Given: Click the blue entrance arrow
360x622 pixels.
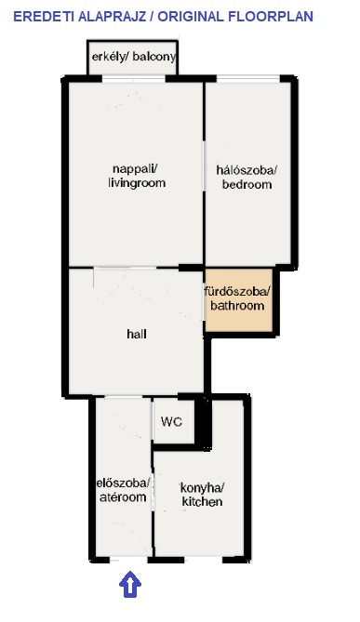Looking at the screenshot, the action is pos(130,584).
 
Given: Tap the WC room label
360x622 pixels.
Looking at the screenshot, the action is pos(172,421).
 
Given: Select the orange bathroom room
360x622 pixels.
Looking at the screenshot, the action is pos(238,300).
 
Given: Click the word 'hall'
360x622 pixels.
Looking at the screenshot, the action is pos(137,334).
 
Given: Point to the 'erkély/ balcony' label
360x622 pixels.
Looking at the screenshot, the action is pos(133,57).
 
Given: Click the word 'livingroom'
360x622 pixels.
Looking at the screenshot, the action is pos(137,183).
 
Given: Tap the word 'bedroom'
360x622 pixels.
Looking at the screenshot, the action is pos(247,184).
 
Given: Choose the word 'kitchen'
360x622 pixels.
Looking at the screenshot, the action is pos(202,501).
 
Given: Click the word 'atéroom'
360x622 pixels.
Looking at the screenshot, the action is pos(123,497).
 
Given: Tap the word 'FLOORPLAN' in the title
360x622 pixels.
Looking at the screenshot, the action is pos(271,17).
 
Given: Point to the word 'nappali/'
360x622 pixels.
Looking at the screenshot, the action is pos(135,168).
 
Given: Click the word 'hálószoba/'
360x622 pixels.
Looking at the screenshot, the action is pos(247,170).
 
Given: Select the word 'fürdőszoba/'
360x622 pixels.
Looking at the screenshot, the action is pos(237,292).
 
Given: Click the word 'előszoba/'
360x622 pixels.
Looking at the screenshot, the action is pos(123,483).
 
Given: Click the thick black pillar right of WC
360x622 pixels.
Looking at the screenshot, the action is pos(203,421).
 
